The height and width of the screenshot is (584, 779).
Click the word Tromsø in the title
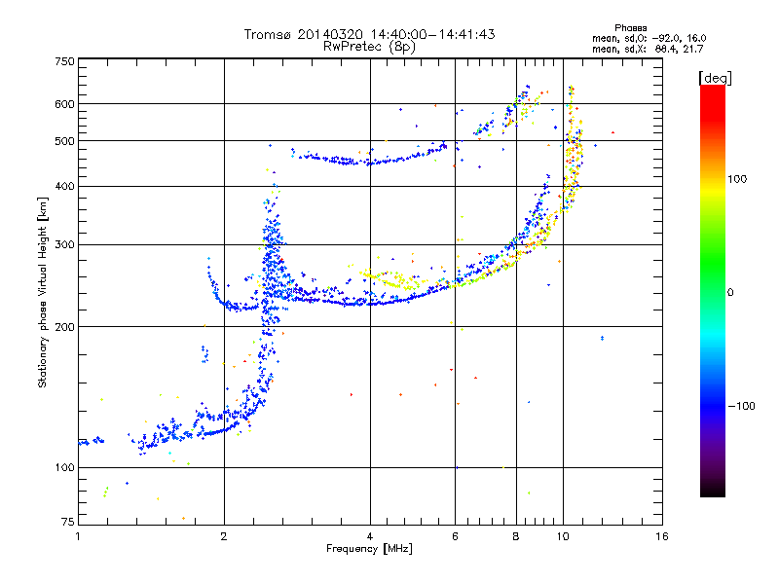point(268,34)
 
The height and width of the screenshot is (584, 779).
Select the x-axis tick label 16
point(661,536)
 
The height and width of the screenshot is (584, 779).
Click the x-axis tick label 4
point(370,536)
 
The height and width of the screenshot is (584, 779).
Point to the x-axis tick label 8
point(516,536)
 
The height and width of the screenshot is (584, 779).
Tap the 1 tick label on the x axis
point(78,536)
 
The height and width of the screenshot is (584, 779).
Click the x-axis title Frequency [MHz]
point(369,549)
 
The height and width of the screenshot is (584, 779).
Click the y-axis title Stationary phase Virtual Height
point(43,292)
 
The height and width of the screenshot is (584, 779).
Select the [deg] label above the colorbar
point(716,77)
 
